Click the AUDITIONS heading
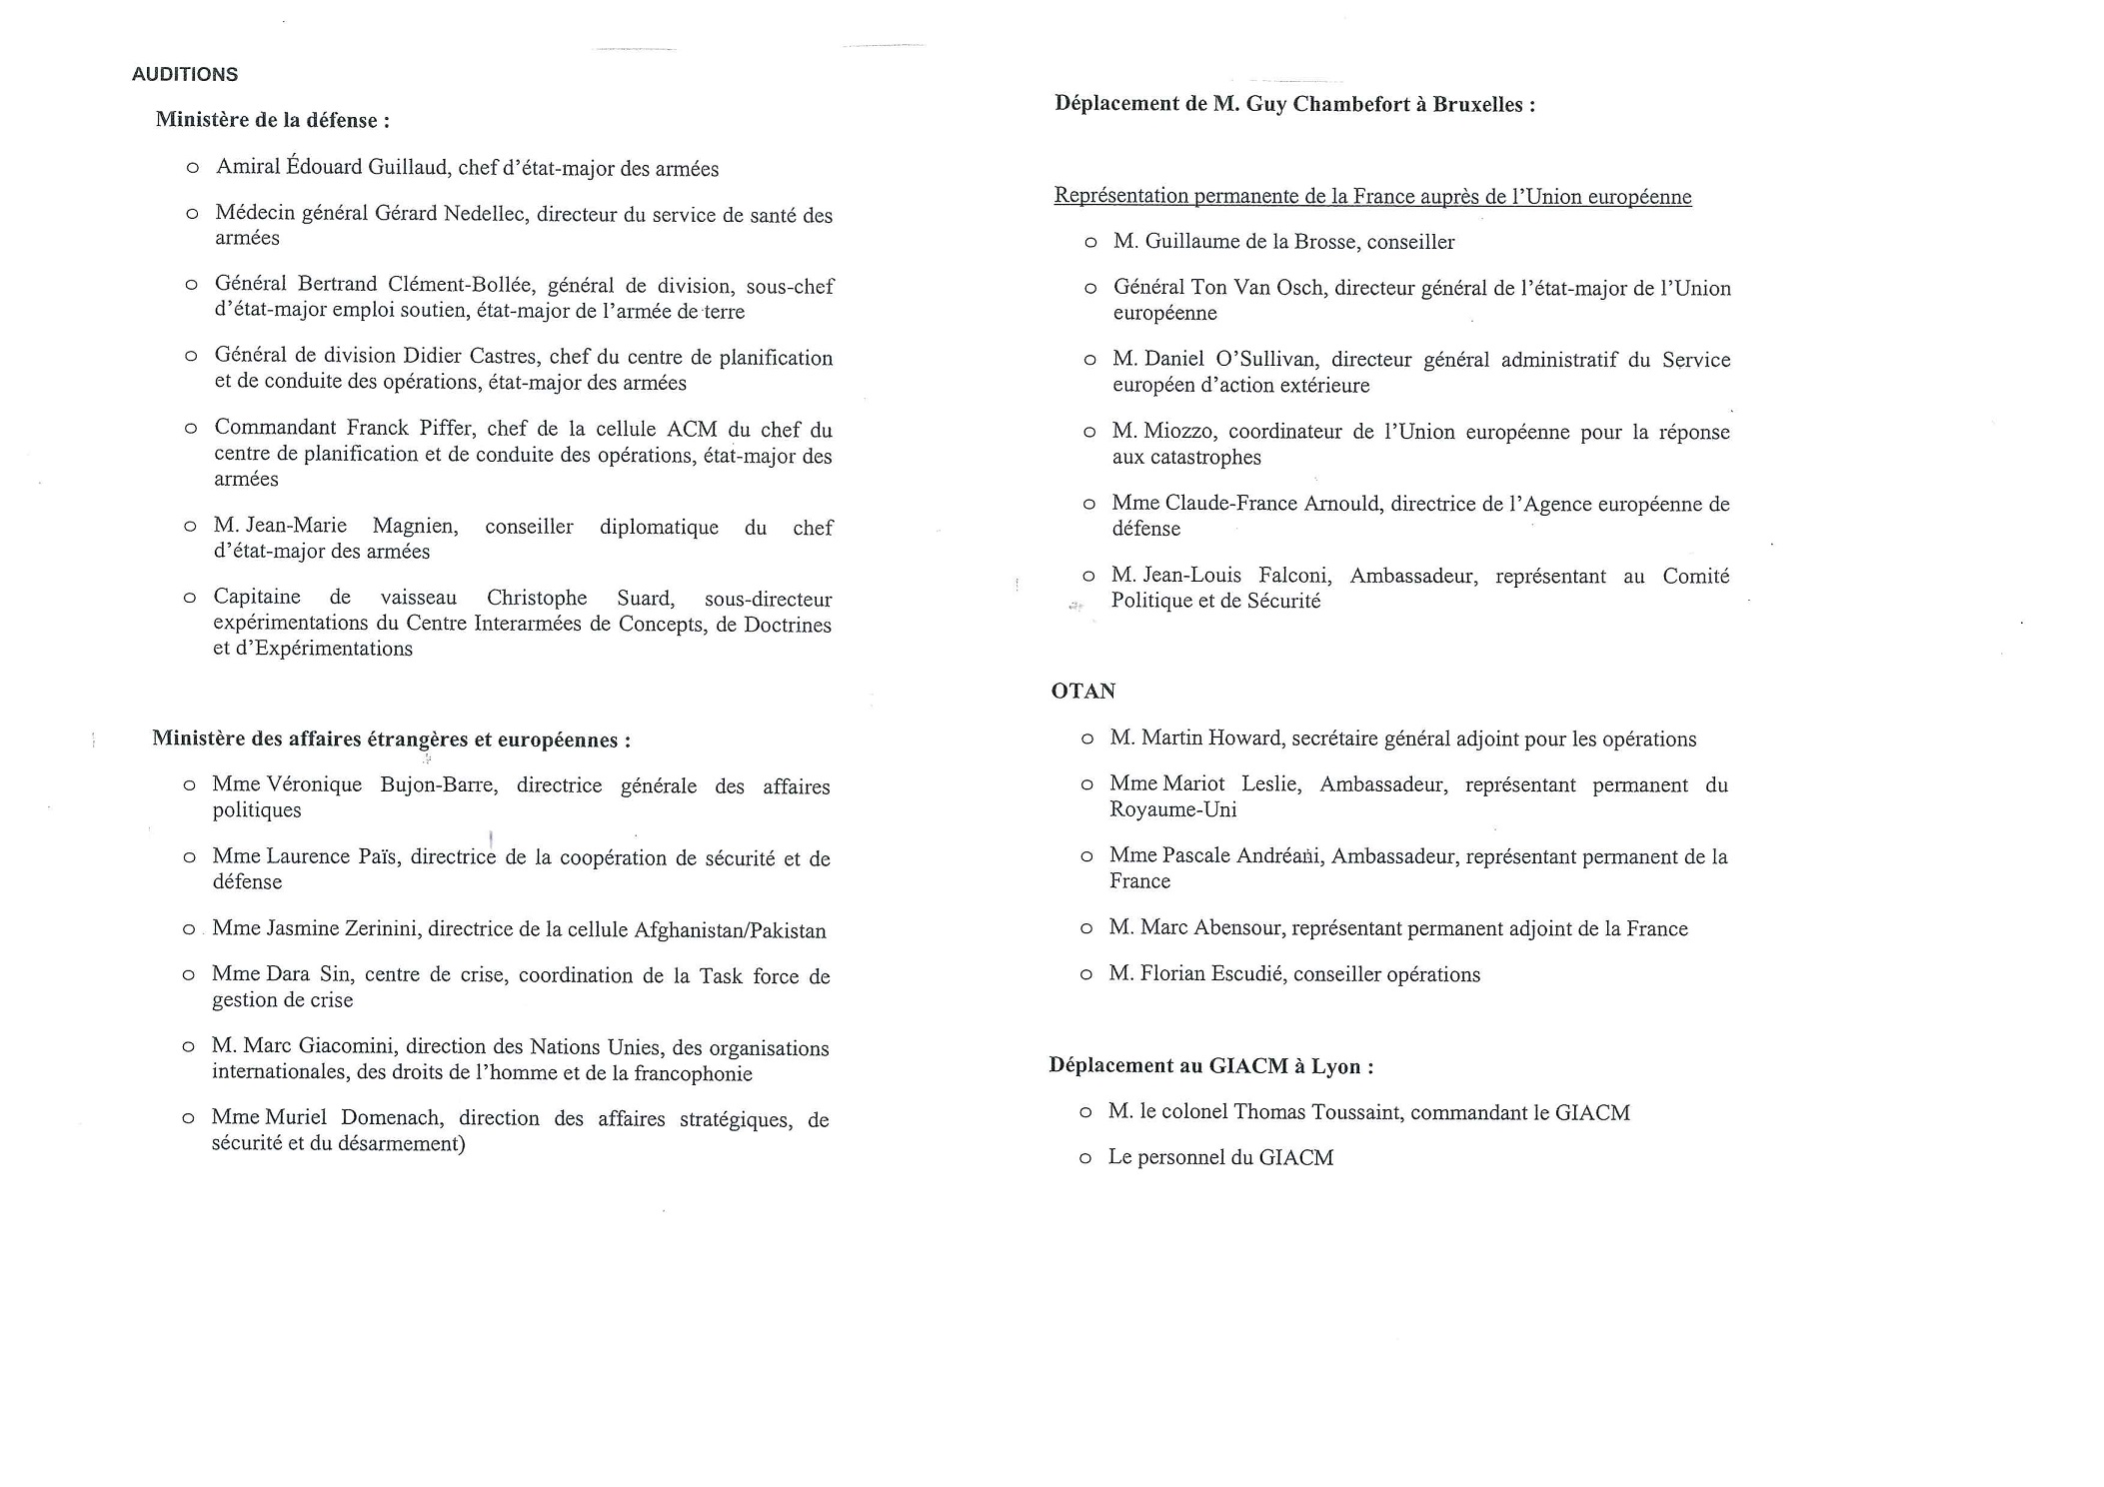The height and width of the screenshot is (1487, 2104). (x=185, y=75)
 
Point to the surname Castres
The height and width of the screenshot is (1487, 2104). (x=496, y=358)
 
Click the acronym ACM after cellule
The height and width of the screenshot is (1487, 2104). (x=692, y=430)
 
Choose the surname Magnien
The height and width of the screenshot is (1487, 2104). (x=415, y=527)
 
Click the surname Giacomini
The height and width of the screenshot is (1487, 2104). (x=348, y=1047)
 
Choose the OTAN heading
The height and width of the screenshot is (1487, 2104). (x=1083, y=692)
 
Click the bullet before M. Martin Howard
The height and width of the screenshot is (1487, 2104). (x=1087, y=740)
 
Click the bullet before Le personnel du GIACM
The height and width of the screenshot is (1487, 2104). (x=1085, y=1159)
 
